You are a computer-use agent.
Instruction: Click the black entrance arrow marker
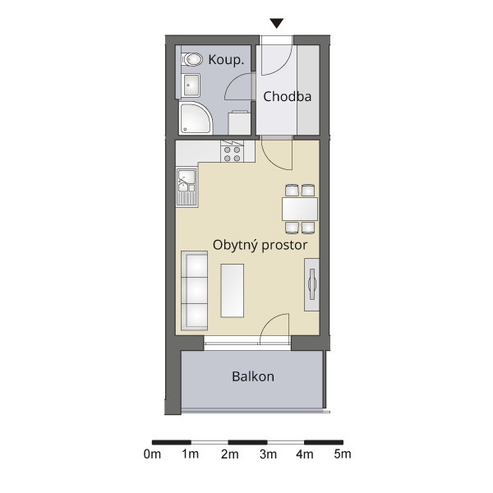click(277, 23)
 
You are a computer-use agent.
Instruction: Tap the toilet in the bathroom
click(192, 59)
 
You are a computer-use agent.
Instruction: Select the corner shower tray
click(196, 117)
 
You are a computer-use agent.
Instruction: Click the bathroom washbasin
click(191, 85)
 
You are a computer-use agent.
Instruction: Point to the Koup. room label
click(226, 60)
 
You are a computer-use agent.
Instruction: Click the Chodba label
click(288, 96)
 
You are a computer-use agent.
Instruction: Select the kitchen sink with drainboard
click(187, 187)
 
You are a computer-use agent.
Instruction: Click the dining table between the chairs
click(300, 209)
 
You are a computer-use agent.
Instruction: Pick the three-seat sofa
click(194, 291)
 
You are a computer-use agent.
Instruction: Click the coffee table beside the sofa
click(233, 291)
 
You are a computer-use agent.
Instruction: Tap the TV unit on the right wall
click(311, 284)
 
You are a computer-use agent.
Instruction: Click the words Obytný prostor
click(260, 245)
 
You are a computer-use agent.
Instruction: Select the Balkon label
click(253, 376)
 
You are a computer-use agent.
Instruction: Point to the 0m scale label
click(152, 454)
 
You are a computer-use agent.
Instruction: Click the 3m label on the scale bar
click(268, 454)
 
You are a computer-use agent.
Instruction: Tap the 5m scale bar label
click(343, 454)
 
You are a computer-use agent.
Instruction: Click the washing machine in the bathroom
click(240, 122)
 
